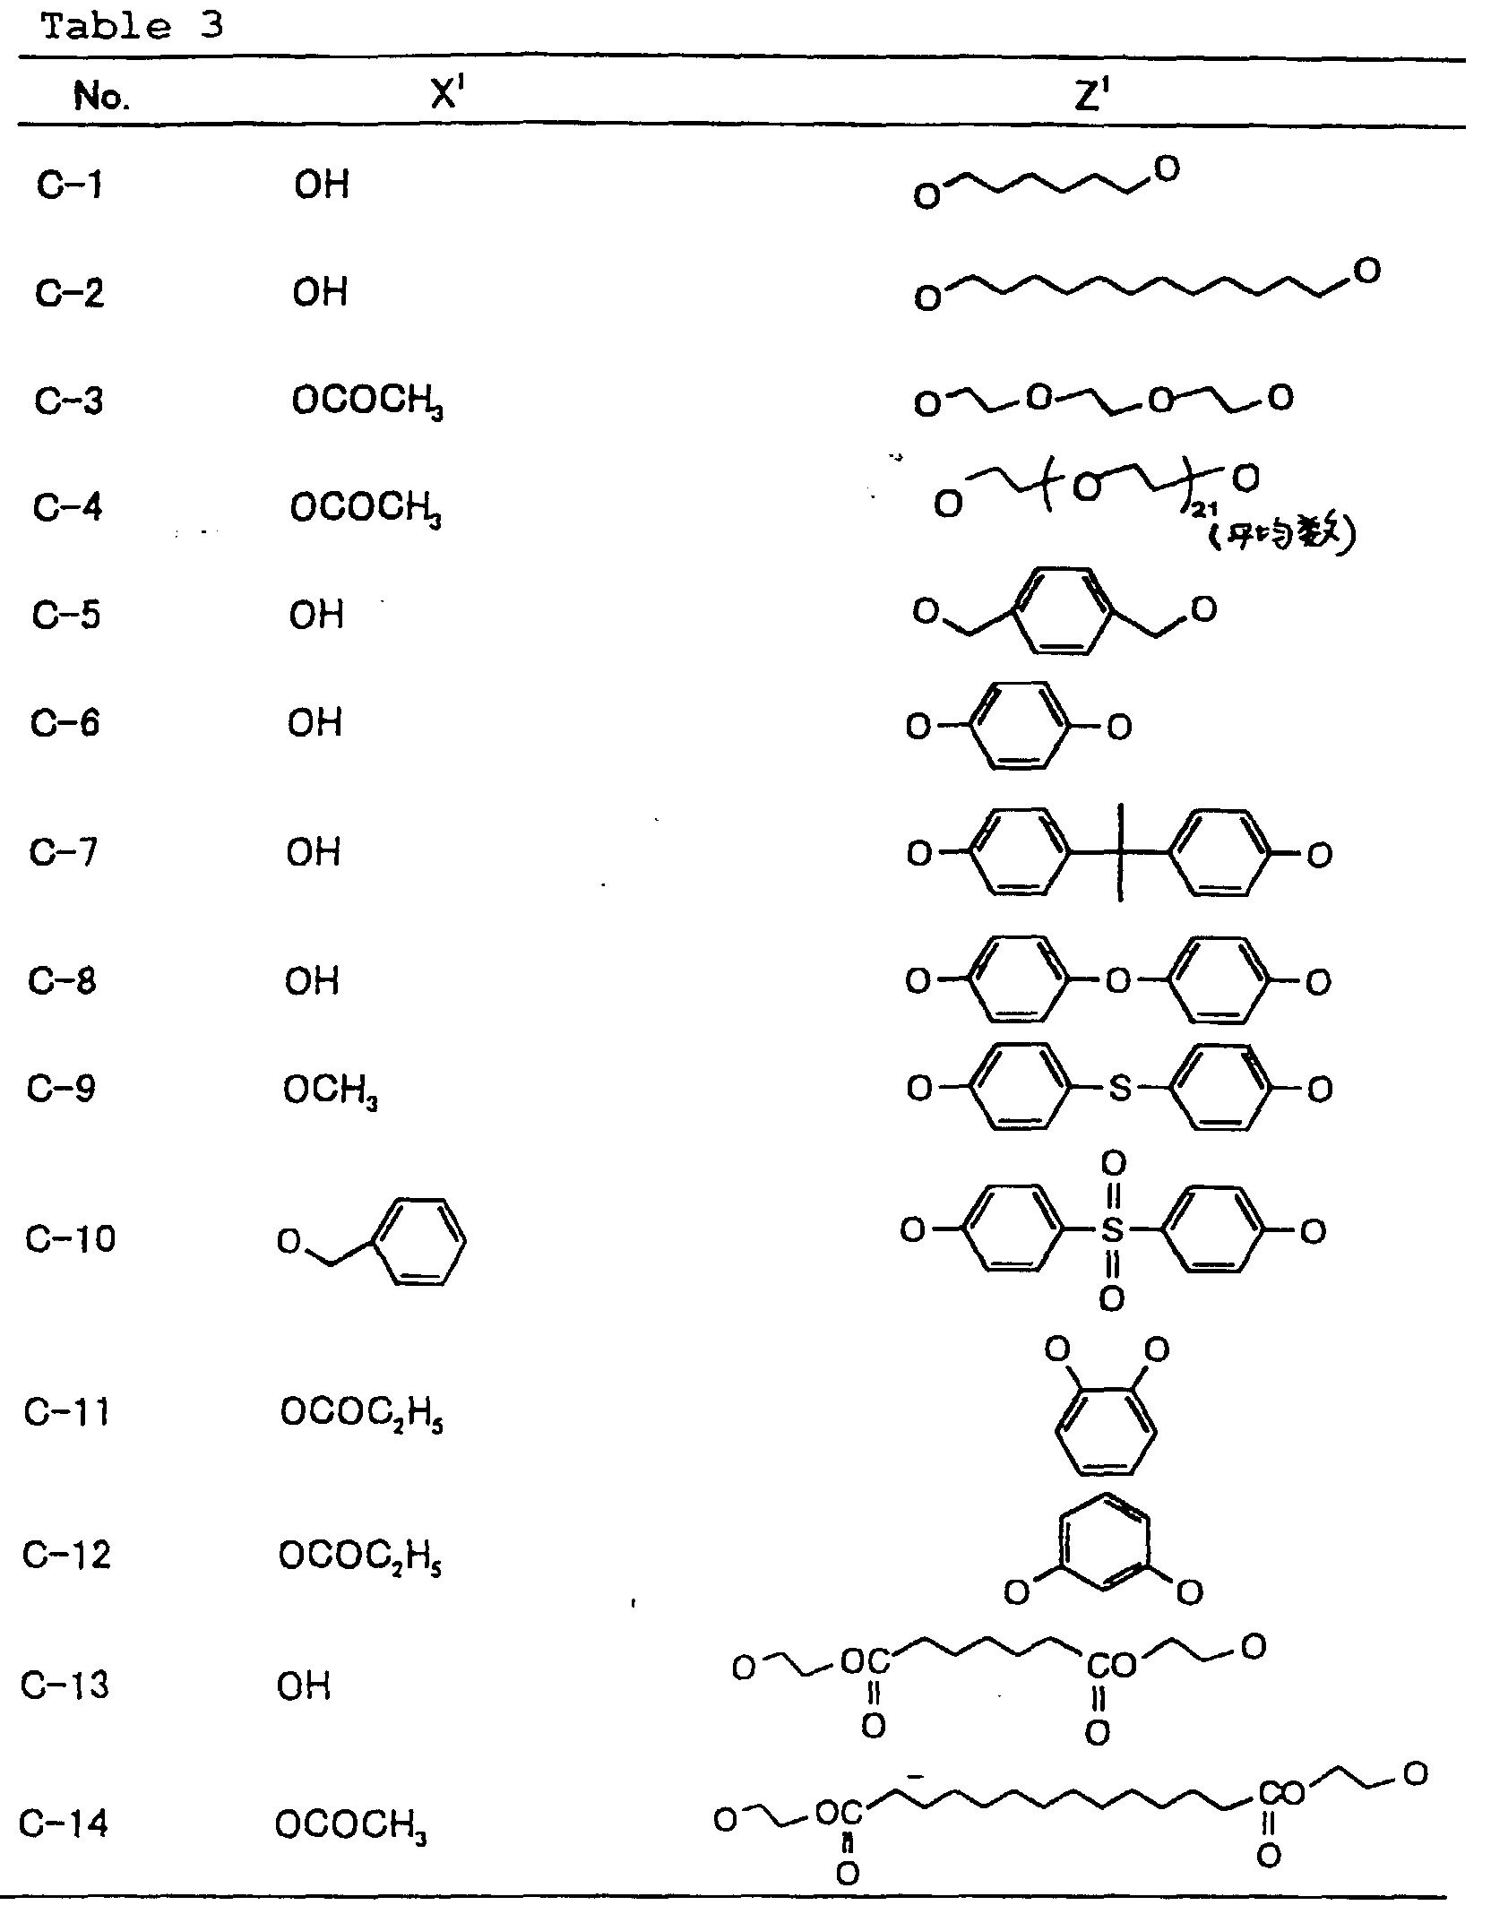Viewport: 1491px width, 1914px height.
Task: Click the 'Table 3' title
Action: [133, 26]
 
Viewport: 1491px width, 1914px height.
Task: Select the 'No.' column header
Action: [101, 95]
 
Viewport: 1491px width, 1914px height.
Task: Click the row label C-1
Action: [70, 185]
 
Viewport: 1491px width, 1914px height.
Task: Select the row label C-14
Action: [64, 1823]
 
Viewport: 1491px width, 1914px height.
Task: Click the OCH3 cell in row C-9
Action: [330, 1091]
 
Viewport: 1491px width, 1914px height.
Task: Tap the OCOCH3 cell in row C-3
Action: [367, 401]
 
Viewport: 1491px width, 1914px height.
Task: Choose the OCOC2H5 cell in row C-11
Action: [362, 1413]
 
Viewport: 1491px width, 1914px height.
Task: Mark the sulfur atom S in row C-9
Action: [1120, 1089]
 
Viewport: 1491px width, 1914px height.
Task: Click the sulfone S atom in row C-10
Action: [1112, 1230]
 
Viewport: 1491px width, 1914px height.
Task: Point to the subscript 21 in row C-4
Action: [1204, 511]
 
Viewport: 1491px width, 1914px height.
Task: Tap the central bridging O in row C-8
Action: [1117, 981]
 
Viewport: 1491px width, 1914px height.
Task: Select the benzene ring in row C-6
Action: [1019, 725]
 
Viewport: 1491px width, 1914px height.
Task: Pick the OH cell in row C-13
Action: [304, 1686]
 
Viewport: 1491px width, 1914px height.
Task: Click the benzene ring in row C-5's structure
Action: [1064, 610]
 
